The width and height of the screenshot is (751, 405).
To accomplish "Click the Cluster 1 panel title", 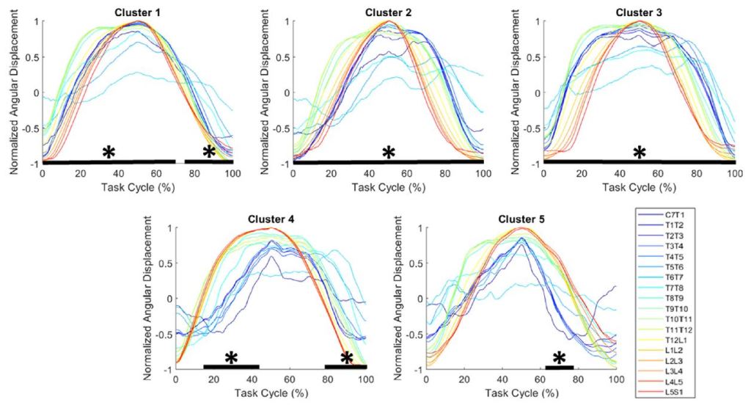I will point(137,12).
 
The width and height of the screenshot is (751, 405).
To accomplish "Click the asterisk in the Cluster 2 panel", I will point(389,153).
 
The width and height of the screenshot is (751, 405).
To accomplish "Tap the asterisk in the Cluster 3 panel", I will point(640,153).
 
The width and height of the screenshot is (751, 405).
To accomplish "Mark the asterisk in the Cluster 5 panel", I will point(559,358).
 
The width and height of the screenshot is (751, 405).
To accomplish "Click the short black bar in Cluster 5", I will point(560,366).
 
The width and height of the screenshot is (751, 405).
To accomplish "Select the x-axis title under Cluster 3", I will point(640,186).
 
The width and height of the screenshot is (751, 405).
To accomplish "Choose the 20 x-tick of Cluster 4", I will point(213,381).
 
